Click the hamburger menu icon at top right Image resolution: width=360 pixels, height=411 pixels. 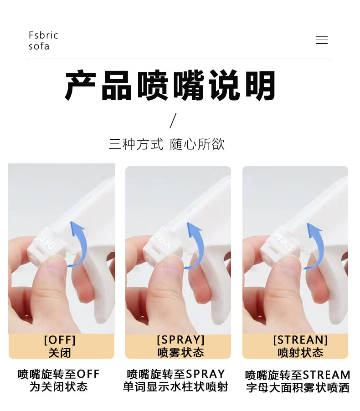[x=321, y=40]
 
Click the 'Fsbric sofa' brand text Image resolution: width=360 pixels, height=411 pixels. [x=43, y=41]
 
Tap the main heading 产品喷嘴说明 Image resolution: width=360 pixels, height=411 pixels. [x=171, y=86]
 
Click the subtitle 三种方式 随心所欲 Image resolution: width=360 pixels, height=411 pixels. [x=167, y=144]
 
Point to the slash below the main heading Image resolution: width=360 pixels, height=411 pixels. [x=173, y=121]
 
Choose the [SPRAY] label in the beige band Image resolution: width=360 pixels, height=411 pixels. [x=180, y=340]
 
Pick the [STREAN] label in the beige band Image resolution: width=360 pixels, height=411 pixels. [x=300, y=340]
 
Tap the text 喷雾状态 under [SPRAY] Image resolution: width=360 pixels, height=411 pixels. [x=180, y=353]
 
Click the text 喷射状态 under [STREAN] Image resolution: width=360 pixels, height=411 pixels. [x=300, y=353]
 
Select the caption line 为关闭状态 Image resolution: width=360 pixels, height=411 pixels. [x=58, y=387]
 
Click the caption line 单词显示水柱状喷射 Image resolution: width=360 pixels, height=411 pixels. [x=175, y=387]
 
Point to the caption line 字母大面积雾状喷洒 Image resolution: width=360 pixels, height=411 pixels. [x=298, y=388]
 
